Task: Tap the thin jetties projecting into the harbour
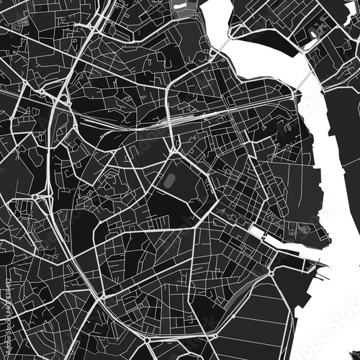[314, 266]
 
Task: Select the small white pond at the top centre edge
[179, 6]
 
